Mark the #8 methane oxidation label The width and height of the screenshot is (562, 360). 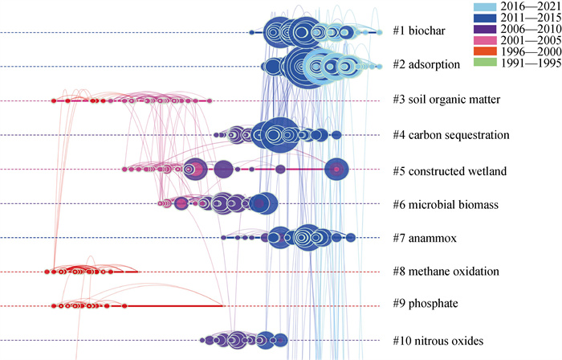tap(446, 272)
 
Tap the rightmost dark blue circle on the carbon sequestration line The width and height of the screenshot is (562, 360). tap(337, 134)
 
